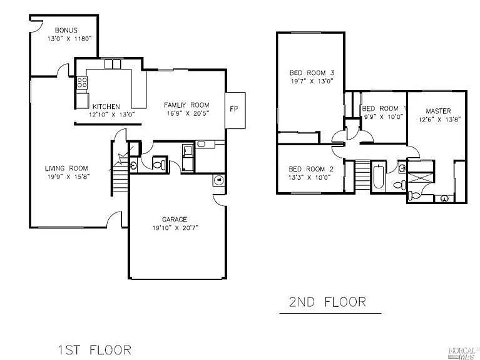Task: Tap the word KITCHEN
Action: [106, 106]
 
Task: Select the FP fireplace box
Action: [234, 109]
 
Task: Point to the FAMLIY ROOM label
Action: [186, 105]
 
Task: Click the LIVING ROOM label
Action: [66, 168]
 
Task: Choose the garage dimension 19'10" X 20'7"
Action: [175, 229]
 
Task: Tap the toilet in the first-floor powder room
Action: [160, 165]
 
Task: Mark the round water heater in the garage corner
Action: [218, 180]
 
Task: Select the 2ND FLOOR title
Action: [327, 302]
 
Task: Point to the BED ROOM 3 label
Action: [312, 71]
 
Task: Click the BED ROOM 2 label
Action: [311, 169]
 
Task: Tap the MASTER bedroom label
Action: [438, 111]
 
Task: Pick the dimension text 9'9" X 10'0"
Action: [382, 117]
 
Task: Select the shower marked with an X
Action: [421, 178]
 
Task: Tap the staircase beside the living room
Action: [120, 173]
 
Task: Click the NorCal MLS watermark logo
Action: [462, 352]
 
